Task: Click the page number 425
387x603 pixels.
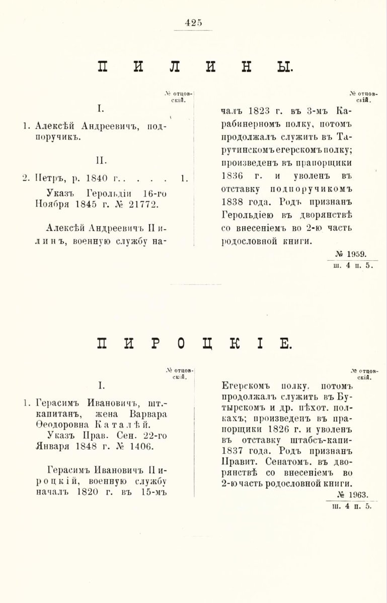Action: point(193,22)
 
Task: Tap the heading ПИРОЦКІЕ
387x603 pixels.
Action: point(193,344)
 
